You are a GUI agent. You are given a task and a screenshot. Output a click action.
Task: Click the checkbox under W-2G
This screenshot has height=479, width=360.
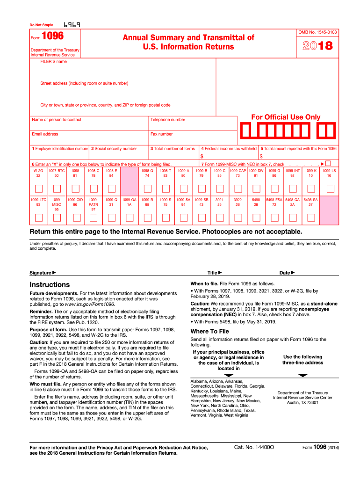[x=38, y=189]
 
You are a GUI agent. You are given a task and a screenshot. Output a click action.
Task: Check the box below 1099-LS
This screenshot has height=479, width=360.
[x=330, y=189]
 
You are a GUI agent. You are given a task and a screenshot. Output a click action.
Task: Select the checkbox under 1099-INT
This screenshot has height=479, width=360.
[x=294, y=189]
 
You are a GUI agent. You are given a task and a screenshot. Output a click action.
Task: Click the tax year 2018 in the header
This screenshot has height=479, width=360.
[x=317, y=46]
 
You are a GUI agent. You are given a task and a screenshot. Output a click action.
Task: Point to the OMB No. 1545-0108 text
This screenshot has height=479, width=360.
[x=317, y=32]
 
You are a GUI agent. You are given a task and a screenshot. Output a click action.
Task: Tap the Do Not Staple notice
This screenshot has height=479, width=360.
[x=41, y=25]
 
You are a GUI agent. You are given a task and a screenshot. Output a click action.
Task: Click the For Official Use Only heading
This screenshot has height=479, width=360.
[x=286, y=117]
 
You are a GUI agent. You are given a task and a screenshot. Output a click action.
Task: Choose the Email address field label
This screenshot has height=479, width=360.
[x=45, y=134]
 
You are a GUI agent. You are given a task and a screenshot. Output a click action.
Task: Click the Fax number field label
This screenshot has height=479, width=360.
[x=161, y=134]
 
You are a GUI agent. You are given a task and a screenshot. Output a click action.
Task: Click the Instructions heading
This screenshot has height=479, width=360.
[x=50, y=284]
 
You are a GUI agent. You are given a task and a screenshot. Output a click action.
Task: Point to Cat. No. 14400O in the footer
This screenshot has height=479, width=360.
[x=254, y=448]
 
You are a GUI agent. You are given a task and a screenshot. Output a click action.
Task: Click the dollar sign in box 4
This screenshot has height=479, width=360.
[x=202, y=156]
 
